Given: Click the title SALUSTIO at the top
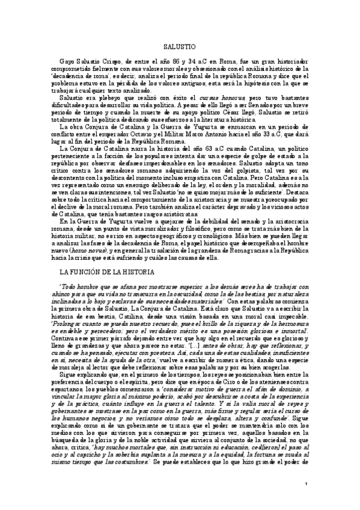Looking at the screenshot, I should pyautogui.click(x=180, y=46).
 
